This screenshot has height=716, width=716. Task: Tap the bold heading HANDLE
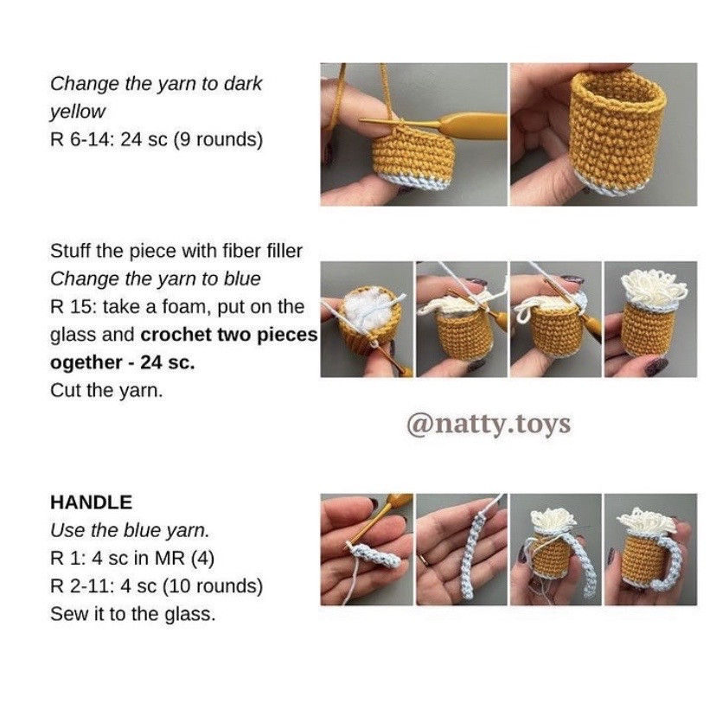coord(91,502)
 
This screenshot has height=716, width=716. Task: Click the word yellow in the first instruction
coord(78,112)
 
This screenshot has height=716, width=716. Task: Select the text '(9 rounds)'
coord(218,139)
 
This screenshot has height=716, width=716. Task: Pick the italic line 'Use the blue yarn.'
coord(118,530)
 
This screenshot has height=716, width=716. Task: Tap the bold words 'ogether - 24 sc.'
coord(123,362)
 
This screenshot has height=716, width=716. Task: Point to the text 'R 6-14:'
coord(82,139)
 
